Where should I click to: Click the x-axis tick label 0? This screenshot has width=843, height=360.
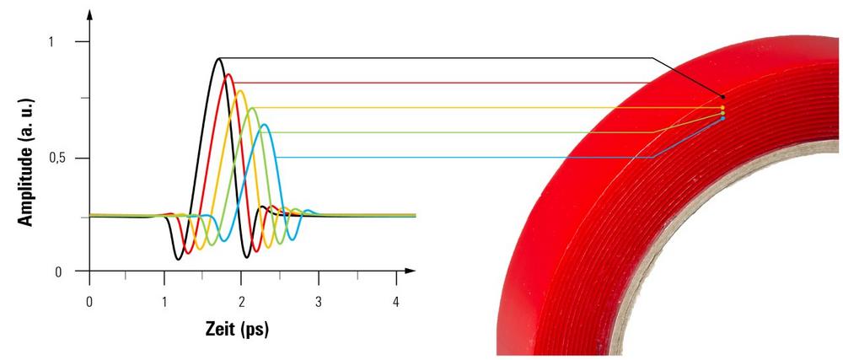(89, 301)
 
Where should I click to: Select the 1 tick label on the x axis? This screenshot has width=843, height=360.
(166, 301)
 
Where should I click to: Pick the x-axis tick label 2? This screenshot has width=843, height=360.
(243, 301)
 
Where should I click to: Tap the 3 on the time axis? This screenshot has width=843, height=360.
(319, 301)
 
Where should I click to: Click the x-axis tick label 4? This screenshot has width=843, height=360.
(396, 301)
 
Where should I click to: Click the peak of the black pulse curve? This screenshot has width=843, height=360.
(219, 58)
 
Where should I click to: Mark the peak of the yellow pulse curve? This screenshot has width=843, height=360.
(241, 91)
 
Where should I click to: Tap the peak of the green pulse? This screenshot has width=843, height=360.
(252, 108)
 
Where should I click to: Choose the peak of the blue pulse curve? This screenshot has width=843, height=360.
(265, 125)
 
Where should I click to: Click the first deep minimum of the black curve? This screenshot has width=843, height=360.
(179, 258)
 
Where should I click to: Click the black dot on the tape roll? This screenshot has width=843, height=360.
(722, 97)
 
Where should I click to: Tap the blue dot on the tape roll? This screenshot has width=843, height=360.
(722, 118)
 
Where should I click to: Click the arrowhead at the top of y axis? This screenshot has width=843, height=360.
(89, 13)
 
